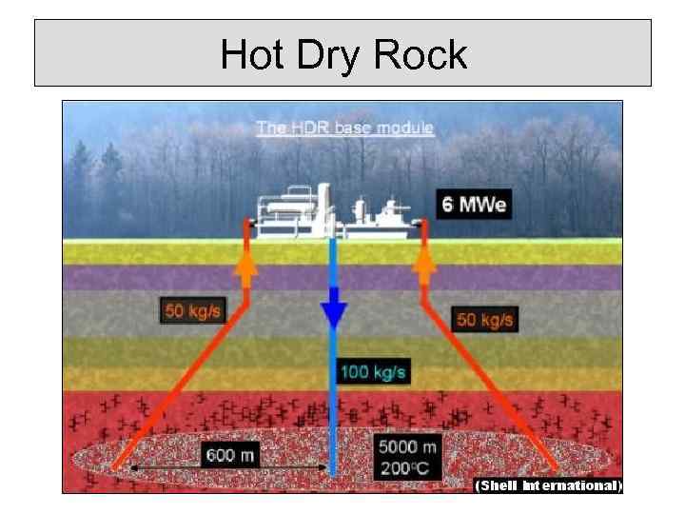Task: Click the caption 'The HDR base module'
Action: (x=344, y=128)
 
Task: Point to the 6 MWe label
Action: (x=473, y=204)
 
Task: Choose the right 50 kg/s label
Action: (x=485, y=319)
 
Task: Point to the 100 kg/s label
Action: (x=373, y=370)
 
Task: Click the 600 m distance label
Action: (x=231, y=454)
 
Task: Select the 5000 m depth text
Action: (x=407, y=446)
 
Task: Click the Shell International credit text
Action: (x=548, y=485)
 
